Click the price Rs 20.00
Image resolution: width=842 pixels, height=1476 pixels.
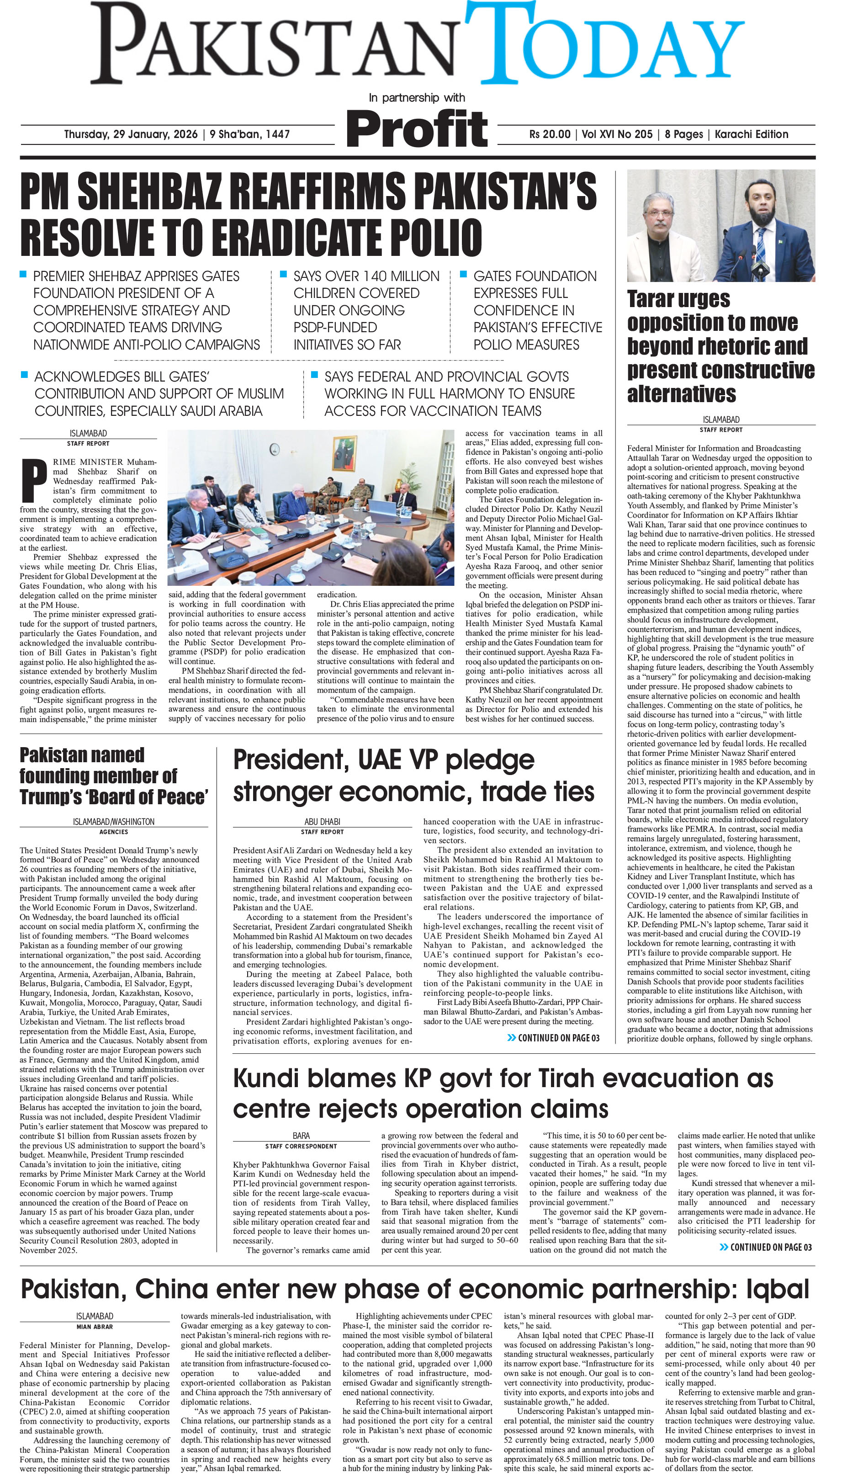click(550, 134)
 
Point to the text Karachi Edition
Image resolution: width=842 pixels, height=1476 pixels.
click(751, 134)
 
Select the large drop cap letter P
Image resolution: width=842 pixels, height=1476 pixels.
click(33, 481)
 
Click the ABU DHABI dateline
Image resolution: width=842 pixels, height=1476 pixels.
click(322, 821)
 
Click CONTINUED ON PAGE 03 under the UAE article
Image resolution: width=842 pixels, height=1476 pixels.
click(553, 1038)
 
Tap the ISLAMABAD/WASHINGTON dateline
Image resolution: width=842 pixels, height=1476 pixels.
click(113, 821)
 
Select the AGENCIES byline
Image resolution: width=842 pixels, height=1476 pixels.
click(113, 832)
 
